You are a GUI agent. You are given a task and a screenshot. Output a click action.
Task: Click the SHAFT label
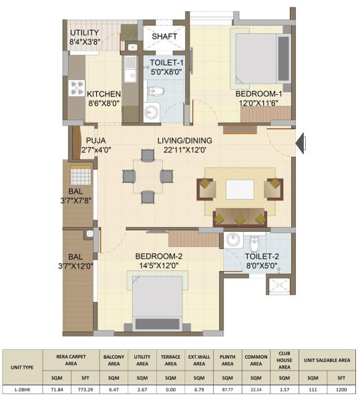coord(164,36)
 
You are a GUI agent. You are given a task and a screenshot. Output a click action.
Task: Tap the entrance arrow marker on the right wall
coord(301,144)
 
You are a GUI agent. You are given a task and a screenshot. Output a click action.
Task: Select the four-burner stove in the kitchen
coord(76,88)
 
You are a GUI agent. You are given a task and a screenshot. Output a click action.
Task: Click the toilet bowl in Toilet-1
coord(156,91)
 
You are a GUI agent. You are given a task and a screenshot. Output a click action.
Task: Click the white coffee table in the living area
coord(240,190)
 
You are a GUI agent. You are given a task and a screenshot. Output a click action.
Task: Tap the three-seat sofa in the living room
coord(240,217)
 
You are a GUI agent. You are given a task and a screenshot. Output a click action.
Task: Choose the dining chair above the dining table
coord(148,156)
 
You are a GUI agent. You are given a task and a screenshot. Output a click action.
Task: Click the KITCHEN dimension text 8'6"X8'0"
coord(104,104)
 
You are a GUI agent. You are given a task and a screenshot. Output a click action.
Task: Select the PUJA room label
coord(96,140)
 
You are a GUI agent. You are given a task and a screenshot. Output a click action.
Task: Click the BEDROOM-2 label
coord(159,256)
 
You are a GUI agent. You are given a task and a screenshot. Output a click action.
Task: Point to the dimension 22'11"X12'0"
coord(184,150)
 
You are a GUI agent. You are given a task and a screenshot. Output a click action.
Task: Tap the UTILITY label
coord(85,33)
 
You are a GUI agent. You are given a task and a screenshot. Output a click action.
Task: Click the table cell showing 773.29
coord(85,389)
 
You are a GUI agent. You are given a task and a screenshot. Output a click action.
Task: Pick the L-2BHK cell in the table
coord(22,389)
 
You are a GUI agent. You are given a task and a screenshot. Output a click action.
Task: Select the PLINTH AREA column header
coord(228,360)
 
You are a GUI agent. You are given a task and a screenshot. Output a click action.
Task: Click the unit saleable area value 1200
coord(341,389)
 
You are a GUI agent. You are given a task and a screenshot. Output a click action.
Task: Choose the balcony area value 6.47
coord(114,389)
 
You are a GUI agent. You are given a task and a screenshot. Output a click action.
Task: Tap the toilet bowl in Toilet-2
coord(254,243)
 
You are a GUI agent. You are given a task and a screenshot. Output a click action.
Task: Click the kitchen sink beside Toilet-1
coord(130,69)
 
